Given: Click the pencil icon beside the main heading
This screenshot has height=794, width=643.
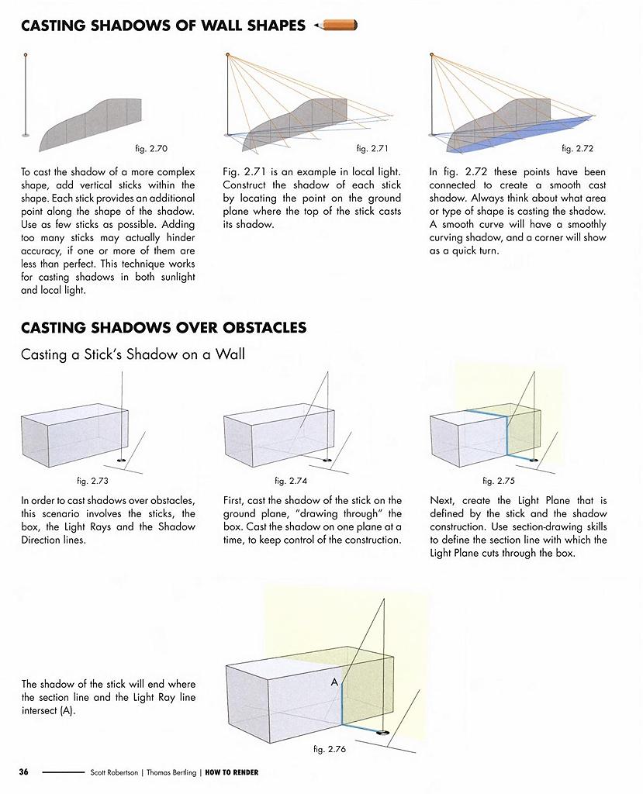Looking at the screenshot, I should (x=336, y=26).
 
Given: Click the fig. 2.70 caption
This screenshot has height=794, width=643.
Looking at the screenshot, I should (x=151, y=148).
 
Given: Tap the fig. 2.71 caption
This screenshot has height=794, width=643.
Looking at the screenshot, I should (x=372, y=148).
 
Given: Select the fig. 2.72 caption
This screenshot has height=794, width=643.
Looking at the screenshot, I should (x=577, y=148).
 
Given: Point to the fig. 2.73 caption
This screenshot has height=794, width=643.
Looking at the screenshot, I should (x=92, y=481).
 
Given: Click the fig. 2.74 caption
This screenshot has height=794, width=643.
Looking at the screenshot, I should (x=291, y=481).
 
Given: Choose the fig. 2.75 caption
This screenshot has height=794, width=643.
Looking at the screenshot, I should (x=499, y=481).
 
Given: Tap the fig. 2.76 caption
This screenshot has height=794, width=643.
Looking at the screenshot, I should (x=329, y=750).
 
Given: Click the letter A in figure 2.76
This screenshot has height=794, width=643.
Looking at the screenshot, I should (x=334, y=682).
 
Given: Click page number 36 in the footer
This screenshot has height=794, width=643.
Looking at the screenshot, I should (x=24, y=772).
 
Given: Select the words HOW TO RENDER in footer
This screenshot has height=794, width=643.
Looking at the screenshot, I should (x=232, y=772).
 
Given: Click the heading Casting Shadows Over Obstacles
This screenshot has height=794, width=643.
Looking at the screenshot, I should (x=164, y=328).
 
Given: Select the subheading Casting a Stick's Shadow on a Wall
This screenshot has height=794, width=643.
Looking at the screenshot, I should (x=133, y=355).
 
